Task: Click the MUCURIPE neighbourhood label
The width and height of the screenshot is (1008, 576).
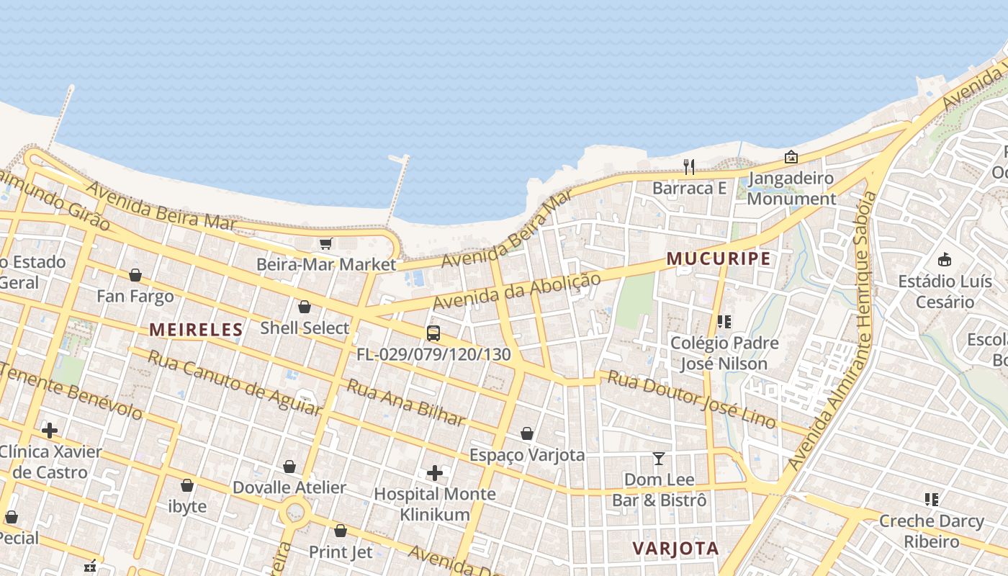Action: pos(719,258)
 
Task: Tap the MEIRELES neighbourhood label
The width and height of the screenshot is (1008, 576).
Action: pos(196,330)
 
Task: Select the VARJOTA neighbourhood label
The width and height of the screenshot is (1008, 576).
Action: pos(675,548)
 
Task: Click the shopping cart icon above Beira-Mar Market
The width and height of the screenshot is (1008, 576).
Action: pos(325,244)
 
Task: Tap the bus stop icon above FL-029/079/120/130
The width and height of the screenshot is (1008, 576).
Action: pos(433,333)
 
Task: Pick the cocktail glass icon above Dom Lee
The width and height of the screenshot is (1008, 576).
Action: pos(658,459)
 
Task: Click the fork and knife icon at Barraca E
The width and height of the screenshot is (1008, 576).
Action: pos(689,167)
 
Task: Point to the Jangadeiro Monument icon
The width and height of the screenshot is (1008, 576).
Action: pos(791,156)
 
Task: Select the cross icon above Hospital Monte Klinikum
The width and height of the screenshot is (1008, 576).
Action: pos(435,473)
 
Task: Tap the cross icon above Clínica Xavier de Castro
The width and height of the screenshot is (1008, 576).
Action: pos(50,431)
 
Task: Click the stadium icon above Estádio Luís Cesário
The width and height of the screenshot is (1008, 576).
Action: pos(945,260)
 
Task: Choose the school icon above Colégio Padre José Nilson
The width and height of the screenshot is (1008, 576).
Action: pos(724,322)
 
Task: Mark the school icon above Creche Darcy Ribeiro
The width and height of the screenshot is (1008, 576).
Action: pos(931,500)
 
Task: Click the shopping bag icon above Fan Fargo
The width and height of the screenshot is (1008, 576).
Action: pos(135,275)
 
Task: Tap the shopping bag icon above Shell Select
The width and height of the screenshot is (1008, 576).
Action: pos(305,307)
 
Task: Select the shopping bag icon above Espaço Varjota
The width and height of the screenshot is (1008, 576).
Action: pos(527,433)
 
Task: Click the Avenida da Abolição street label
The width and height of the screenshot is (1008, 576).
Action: pos(517,292)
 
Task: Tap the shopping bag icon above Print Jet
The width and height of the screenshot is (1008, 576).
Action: pos(341,531)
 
